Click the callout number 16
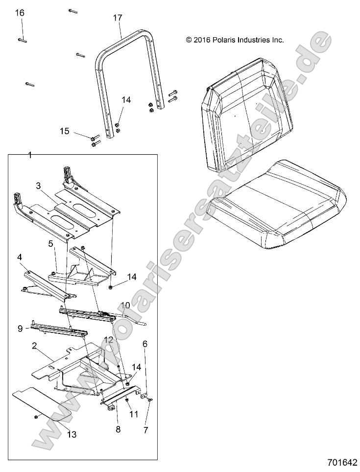tap(20, 13)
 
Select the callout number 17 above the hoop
tap(117, 18)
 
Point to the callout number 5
tap(50, 243)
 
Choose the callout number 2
tap(34, 346)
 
